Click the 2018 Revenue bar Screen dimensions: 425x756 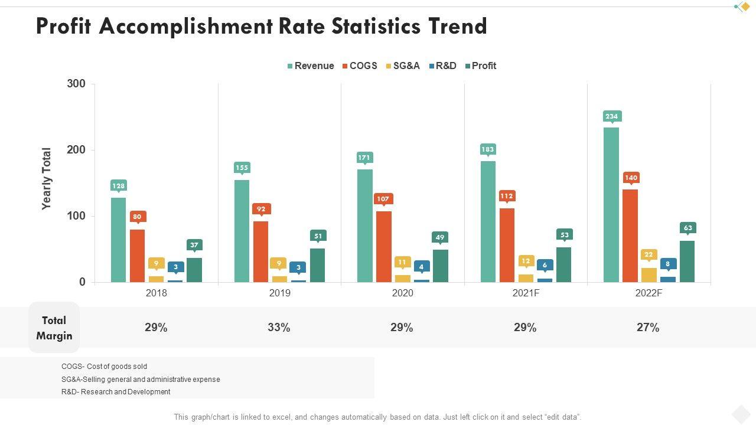(x=119, y=239)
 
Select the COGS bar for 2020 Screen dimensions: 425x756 (x=384, y=246)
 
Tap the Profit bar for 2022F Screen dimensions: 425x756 (x=687, y=261)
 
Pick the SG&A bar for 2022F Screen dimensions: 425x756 (x=649, y=274)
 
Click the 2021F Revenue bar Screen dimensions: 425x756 (x=488, y=221)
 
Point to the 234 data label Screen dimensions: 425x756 (x=611, y=116)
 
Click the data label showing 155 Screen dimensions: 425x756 (x=242, y=168)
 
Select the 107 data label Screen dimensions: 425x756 (x=383, y=199)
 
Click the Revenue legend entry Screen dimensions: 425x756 (x=311, y=66)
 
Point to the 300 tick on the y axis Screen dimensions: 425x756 (x=76, y=84)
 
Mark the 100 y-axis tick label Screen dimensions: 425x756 (x=76, y=216)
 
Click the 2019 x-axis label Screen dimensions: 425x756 (x=279, y=293)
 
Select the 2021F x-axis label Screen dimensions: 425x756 (x=526, y=293)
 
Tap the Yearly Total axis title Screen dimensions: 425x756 (x=47, y=179)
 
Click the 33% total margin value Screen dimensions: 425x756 (x=279, y=328)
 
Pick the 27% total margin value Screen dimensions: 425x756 (x=648, y=328)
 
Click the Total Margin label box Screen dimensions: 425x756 (x=54, y=328)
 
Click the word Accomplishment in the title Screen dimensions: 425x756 (x=186, y=27)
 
